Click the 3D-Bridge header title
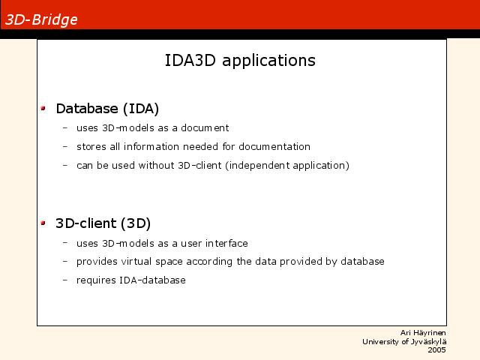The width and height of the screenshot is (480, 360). [41, 20]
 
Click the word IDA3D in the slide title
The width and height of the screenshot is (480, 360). [190, 60]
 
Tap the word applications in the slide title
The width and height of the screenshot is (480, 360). [268, 61]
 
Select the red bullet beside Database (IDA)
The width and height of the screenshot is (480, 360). [43, 108]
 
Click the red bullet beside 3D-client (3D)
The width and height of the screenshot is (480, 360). [43, 223]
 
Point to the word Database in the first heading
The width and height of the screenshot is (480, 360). [87, 109]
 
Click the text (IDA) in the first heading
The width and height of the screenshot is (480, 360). [141, 109]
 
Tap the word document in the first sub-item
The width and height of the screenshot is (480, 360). [205, 127]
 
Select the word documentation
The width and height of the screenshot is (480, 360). [274, 147]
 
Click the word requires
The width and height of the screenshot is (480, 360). [96, 280]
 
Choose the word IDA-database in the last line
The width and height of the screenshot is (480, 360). [152, 280]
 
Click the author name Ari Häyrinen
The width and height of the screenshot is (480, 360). [423, 333]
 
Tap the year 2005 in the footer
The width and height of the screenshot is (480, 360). [436, 350]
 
